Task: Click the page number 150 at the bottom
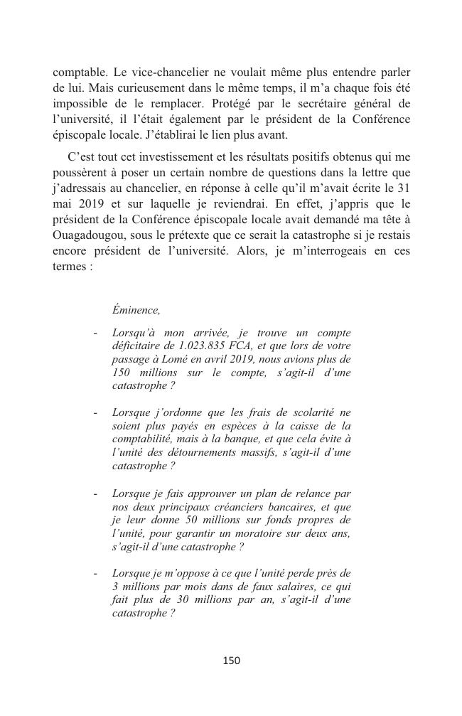click(x=231, y=661)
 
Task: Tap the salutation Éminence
click(x=136, y=310)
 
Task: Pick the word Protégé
click(x=217, y=104)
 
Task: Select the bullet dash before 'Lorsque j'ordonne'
click(x=95, y=413)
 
